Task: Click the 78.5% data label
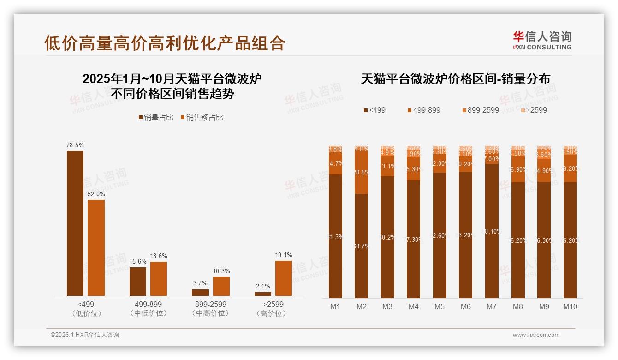click(x=75, y=145)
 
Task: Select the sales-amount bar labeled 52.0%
click(x=96, y=247)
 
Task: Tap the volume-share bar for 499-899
click(x=137, y=281)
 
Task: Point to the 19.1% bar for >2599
click(x=283, y=278)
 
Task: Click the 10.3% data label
click(x=221, y=271)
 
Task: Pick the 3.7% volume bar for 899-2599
click(x=200, y=292)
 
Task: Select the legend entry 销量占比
click(x=156, y=118)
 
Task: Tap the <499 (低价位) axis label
click(x=86, y=309)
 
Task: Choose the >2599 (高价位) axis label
click(x=273, y=309)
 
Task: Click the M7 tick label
click(x=492, y=306)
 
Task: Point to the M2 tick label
click(x=361, y=306)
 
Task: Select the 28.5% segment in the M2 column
click(x=361, y=172)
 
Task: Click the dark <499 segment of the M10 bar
click(x=570, y=240)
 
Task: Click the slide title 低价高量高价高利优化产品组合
click(x=165, y=42)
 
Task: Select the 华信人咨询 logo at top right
click(x=542, y=40)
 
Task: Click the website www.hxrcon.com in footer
click(x=536, y=335)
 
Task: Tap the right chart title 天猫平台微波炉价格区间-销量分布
click(x=455, y=79)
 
